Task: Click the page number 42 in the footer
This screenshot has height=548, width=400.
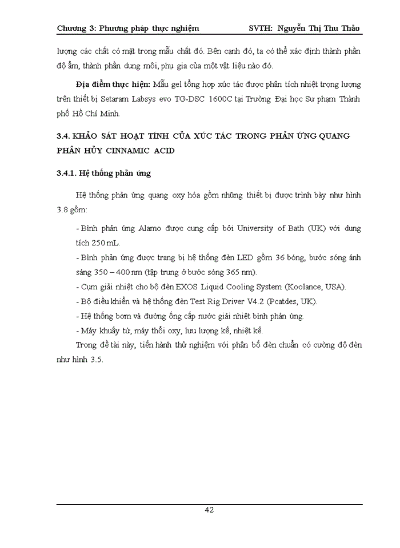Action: pyautogui.click(x=209, y=510)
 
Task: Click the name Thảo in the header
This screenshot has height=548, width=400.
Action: pyautogui.click(x=349, y=27)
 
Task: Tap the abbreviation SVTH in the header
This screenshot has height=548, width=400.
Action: pyautogui.click(x=262, y=27)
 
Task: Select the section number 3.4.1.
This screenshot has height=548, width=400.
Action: pyautogui.click(x=69, y=172)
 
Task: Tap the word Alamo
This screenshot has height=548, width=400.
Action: pyautogui.click(x=152, y=228)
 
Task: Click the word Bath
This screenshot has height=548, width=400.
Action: pyautogui.click(x=293, y=228)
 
